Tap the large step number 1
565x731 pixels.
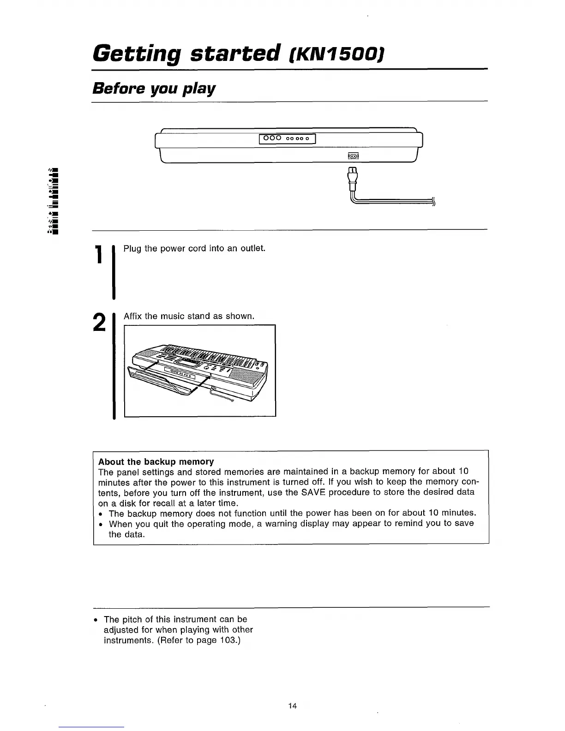click(x=98, y=255)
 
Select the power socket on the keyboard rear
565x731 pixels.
click(x=353, y=156)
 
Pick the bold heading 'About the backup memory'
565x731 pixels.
click(x=156, y=461)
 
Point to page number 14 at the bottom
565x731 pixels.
click(x=292, y=706)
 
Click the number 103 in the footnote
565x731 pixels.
click(x=228, y=641)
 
